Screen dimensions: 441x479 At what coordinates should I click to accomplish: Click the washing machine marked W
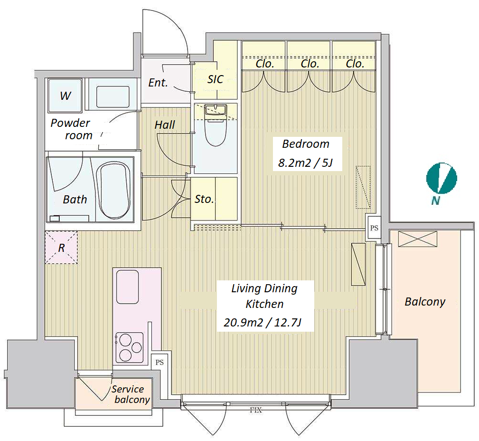pos(66,96)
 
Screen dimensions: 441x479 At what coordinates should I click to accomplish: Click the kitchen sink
pos(127,287)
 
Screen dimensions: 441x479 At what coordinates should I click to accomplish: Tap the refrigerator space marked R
pos(61,248)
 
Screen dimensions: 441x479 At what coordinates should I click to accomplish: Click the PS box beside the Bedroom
pos(374,228)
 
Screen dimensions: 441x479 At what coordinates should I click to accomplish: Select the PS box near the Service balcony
pos(159,362)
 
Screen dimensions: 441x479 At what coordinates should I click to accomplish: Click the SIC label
pos(215,79)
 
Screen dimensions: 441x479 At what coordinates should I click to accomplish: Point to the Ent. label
pos(158,83)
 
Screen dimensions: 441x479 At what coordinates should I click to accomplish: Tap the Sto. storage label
pos(204,199)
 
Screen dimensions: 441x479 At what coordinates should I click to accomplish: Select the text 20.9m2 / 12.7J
pos(263,323)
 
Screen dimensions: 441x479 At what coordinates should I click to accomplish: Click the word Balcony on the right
pos(425,302)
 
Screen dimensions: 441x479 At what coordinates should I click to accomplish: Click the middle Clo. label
pos(310,64)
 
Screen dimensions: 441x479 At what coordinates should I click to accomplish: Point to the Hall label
pos(165,125)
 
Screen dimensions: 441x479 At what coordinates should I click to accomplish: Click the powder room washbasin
pos(113,96)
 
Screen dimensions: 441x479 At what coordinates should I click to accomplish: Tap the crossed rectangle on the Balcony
pos(417,239)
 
